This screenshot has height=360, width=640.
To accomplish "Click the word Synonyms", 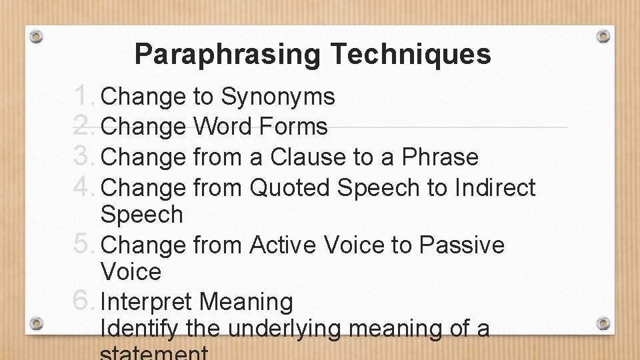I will [x=278, y=98].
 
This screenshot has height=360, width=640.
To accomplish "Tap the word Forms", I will [x=299, y=127].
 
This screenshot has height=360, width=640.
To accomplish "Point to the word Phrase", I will [x=440, y=157].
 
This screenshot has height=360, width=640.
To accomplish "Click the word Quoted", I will [x=289, y=188].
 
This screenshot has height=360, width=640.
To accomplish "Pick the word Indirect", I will [x=495, y=188].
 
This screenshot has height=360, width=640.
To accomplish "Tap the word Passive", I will [x=462, y=245].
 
